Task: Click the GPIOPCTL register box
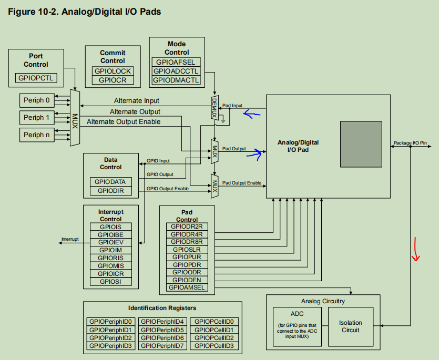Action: (36, 78)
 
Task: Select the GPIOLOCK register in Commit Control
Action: (113, 71)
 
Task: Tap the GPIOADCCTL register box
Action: (176, 71)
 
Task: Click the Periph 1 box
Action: (37, 118)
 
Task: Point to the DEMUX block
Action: (215, 108)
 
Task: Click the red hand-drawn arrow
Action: (415, 249)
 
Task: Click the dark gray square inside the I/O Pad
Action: (361, 144)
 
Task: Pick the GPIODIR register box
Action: (111, 191)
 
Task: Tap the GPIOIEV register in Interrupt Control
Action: (111, 242)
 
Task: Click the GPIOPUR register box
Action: (187, 257)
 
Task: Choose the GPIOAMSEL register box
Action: (187, 287)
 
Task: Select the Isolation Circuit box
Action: (351, 327)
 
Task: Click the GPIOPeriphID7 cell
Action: (162, 346)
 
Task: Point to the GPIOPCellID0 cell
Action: (214, 322)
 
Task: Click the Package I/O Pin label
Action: (410, 143)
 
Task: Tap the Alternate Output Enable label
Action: (124, 122)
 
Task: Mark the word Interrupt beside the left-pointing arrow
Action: (70, 239)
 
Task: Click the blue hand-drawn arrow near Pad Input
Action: (251, 114)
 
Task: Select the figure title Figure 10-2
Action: (84, 12)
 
